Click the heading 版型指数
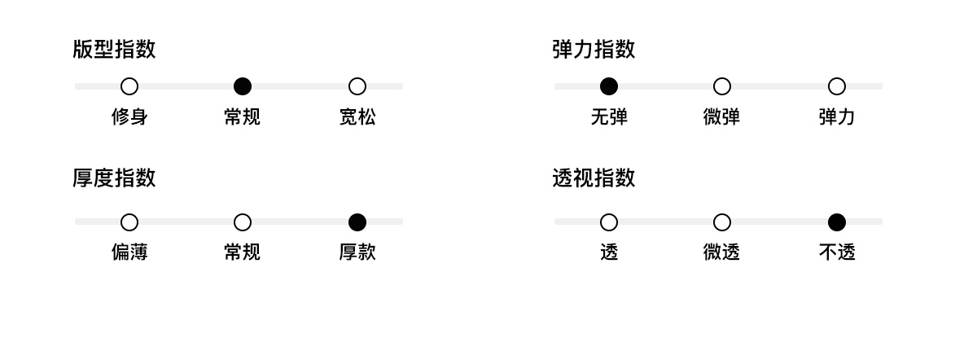pyautogui.click(x=114, y=50)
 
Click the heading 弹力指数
pyautogui.click(x=594, y=50)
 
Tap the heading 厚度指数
pyautogui.click(x=114, y=178)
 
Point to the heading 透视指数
pyautogui.click(x=594, y=178)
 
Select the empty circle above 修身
pyautogui.click(x=129, y=86)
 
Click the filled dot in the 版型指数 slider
pyautogui.click(x=243, y=86)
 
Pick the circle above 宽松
pyautogui.click(x=357, y=86)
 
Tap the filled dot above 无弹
pyautogui.click(x=609, y=86)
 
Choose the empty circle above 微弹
pyautogui.click(x=722, y=86)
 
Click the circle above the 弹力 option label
pyautogui.click(x=837, y=86)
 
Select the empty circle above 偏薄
pyautogui.click(x=129, y=222)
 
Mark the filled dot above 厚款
pyautogui.click(x=357, y=222)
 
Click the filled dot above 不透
pyautogui.click(x=837, y=222)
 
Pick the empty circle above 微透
pyautogui.click(x=722, y=222)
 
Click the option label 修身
pyautogui.click(x=129, y=117)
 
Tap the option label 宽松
pyautogui.click(x=357, y=117)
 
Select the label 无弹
pyautogui.click(x=609, y=117)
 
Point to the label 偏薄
pyautogui.click(x=129, y=252)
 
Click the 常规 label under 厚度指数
pyautogui.click(x=243, y=252)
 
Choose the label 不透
pyautogui.click(x=837, y=252)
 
